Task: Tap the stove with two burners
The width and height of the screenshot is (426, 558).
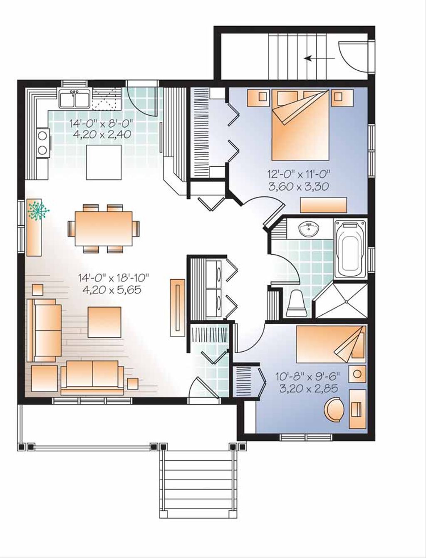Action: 43,142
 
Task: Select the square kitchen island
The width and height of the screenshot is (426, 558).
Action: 104,162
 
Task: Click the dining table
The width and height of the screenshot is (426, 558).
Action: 104,229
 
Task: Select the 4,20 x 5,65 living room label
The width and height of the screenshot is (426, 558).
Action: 112,290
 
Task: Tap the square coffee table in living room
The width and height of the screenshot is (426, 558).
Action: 104,322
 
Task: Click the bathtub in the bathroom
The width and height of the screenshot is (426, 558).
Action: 351,249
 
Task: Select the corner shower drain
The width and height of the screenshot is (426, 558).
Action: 346,301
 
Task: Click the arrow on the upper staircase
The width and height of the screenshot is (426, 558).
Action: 319,58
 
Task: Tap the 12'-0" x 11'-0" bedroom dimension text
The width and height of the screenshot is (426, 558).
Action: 298,175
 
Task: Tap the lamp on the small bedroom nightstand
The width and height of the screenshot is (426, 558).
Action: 357,373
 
